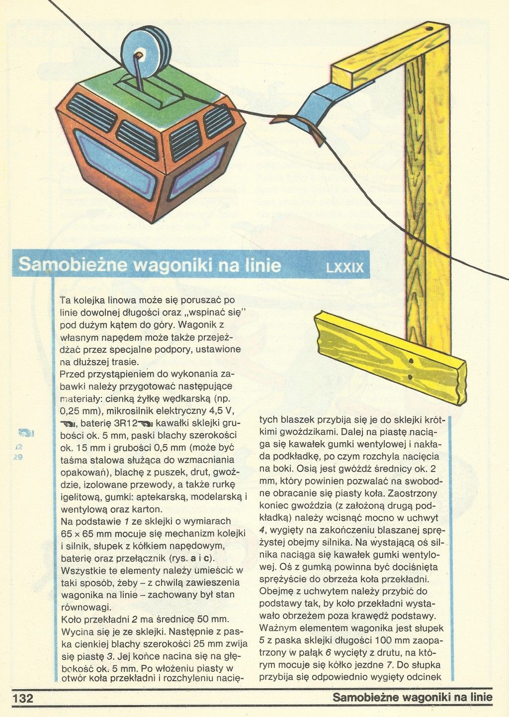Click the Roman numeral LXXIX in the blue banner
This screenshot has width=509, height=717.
coord(345,268)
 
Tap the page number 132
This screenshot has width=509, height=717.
coord(23,698)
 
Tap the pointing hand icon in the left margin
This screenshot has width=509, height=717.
coord(25,432)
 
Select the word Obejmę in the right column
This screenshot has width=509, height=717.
coord(277,591)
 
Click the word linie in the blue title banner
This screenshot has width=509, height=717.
coord(263,265)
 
